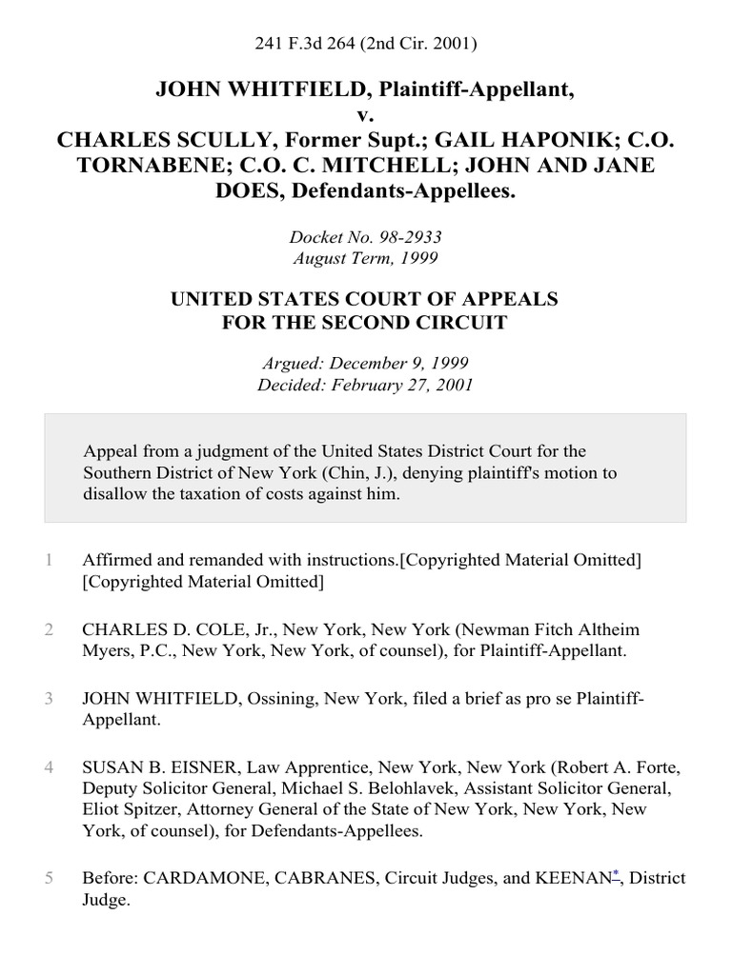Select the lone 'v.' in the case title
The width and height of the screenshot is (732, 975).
tap(365, 115)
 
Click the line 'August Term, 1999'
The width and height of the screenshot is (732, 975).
tap(365, 257)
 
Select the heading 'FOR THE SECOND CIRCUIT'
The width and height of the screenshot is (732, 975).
tap(365, 323)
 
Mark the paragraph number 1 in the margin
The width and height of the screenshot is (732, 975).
tap(47, 560)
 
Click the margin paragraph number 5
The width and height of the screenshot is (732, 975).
tap(47, 877)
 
